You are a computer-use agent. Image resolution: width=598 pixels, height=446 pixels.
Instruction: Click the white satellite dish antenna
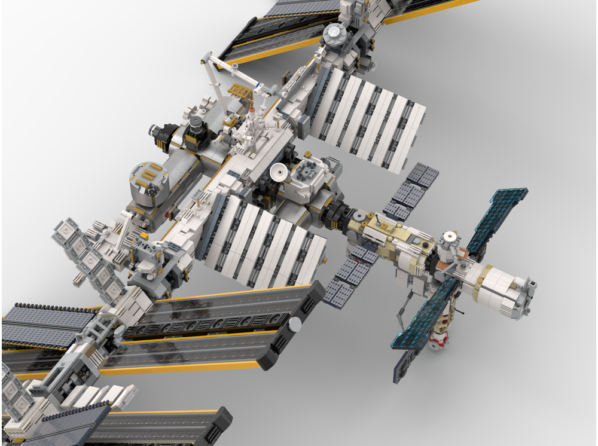click(278, 173)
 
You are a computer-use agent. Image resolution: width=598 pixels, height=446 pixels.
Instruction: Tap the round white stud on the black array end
click(295, 324)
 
